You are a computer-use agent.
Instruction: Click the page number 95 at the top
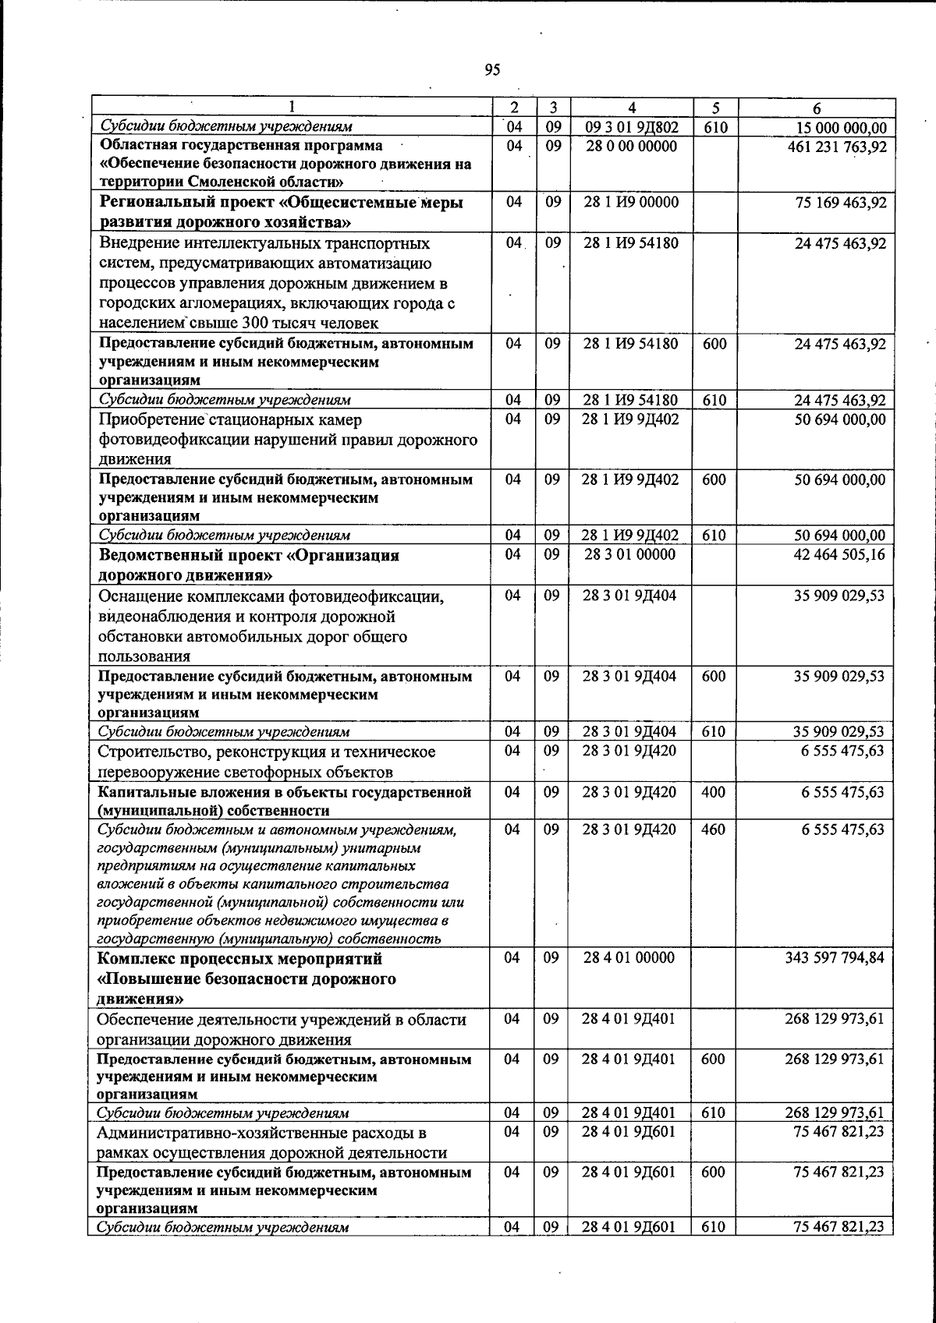click(x=492, y=70)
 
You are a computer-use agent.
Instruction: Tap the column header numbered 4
click(x=632, y=108)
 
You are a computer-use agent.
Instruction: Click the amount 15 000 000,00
click(x=841, y=127)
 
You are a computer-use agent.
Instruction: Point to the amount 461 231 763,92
click(x=837, y=146)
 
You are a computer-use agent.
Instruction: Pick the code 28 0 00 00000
click(x=631, y=146)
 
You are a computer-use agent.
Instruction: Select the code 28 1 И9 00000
click(x=631, y=202)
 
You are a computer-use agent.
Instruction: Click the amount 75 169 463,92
click(x=840, y=202)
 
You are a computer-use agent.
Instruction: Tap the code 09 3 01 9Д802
click(x=631, y=127)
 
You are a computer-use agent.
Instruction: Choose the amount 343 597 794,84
click(x=835, y=957)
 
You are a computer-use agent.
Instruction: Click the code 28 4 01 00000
click(x=629, y=957)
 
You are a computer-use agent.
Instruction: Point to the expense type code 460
click(x=713, y=829)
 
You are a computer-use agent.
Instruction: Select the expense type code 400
click(x=713, y=791)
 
